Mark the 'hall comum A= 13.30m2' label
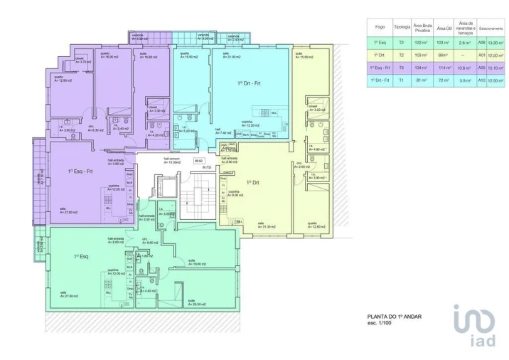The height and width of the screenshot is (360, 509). tap(168, 161)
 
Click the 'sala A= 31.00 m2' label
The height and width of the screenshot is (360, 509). tap(231, 55)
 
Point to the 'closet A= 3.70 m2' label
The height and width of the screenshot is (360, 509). tap(82, 61)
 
